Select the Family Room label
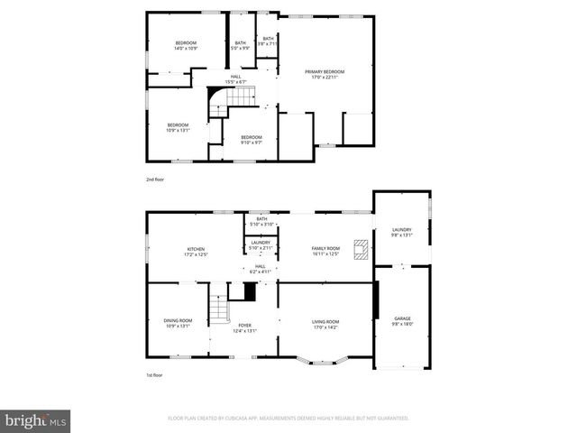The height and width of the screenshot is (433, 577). [325, 251]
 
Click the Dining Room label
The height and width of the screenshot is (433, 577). [178, 323]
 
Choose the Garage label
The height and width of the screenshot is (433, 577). [402, 321]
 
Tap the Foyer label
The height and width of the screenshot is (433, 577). [245, 327]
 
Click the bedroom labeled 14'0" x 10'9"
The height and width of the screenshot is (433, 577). [186, 45]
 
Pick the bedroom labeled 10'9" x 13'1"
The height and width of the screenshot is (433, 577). [178, 127]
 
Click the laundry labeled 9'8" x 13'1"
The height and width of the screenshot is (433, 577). [402, 233]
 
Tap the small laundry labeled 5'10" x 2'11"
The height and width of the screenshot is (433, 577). [261, 244]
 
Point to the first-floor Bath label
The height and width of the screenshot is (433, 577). [261, 221]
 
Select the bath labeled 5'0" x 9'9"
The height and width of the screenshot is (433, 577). [241, 45]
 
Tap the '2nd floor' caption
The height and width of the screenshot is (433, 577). [156, 180]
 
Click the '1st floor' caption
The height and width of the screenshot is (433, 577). [155, 374]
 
